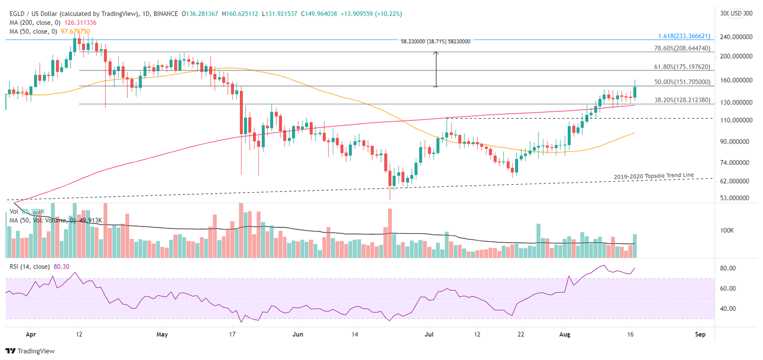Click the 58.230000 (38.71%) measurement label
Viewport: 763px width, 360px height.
pyautogui.click(x=436, y=42)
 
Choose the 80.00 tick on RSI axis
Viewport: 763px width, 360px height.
pyautogui.click(x=728, y=268)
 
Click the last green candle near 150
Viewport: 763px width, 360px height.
pyautogui.click(x=634, y=92)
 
